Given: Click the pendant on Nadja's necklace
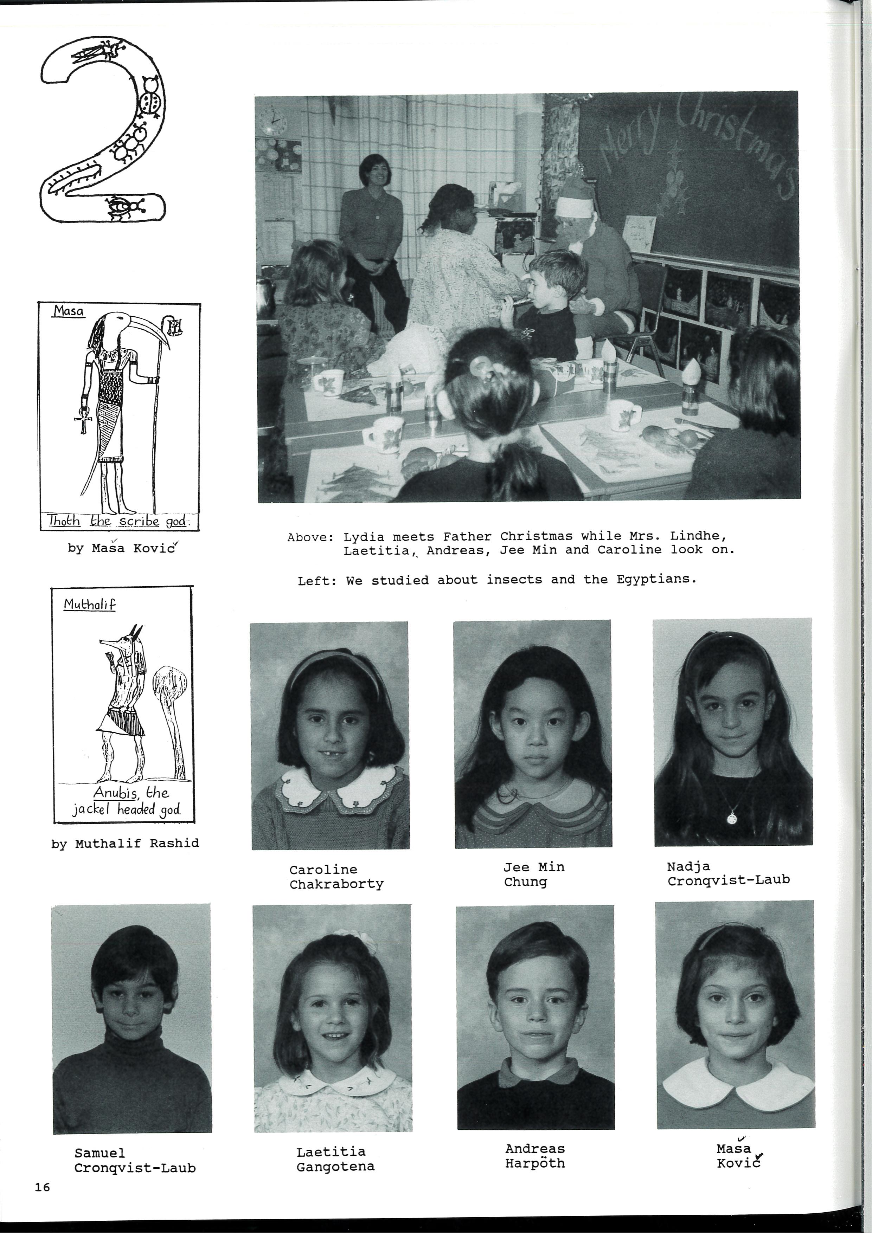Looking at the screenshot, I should tap(732, 818).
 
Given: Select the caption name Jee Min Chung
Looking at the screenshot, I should tap(533, 874).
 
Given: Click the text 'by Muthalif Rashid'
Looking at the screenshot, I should tap(125, 843).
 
